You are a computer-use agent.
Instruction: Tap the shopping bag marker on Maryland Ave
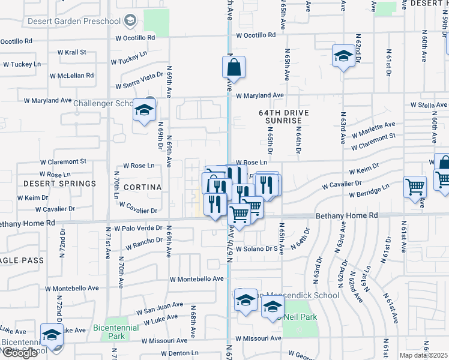pyautogui.click(x=234, y=68)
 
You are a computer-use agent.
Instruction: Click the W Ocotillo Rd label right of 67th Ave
pyautogui.click(x=256, y=35)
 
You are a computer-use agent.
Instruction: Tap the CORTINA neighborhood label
pyautogui.click(x=143, y=187)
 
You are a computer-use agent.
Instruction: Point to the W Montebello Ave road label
pyautogui.click(x=196, y=280)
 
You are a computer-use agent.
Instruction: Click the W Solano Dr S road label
pyautogui.click(x=259, y=249)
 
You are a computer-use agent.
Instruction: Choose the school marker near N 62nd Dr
pyautogui.click(x=343, y=56)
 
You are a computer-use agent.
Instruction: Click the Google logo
pyautogui.click(x=20, y=353)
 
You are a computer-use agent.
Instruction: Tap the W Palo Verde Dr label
pyautogui.click(x=142, y=228)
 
